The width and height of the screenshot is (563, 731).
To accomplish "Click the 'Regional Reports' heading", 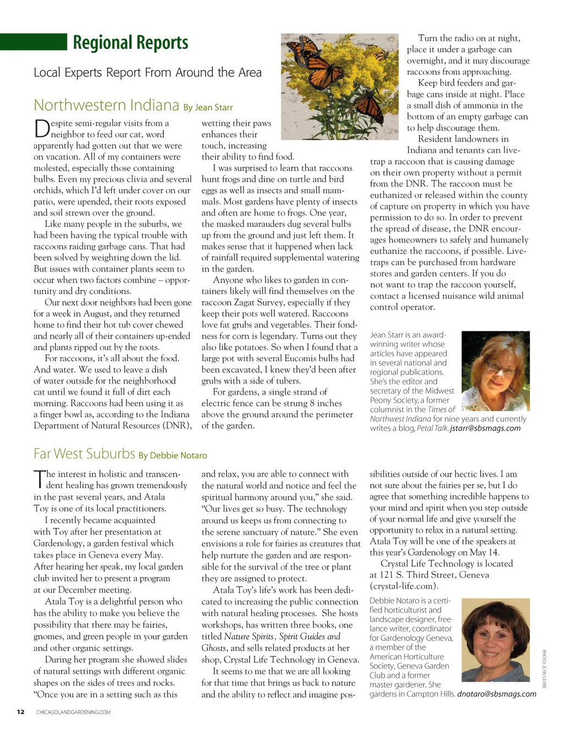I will tap(130, 42).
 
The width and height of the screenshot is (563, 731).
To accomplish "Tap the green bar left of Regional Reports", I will tap(33, 42).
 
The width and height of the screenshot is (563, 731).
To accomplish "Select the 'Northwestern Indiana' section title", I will tap(106, 105).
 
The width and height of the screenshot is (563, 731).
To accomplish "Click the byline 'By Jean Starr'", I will tap(208, 107).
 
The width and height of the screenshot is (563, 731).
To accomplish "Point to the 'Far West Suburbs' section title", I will tap(84, 453).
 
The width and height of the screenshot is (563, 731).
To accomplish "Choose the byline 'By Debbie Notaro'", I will tap(173, 456).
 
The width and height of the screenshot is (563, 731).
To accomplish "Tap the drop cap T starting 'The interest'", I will tap(38, 479).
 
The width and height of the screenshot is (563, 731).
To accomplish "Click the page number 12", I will tap(20, 712).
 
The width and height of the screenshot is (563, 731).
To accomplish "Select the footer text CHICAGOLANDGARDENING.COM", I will tap(73, 712).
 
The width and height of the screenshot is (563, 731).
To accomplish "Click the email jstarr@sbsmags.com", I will tap(485, 428).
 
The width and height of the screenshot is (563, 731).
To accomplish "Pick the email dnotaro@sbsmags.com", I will tap(496, 694).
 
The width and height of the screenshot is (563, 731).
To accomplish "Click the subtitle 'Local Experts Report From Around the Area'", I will tap(147, 73).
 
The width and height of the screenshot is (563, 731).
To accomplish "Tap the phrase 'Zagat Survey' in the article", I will tap(258, 302).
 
